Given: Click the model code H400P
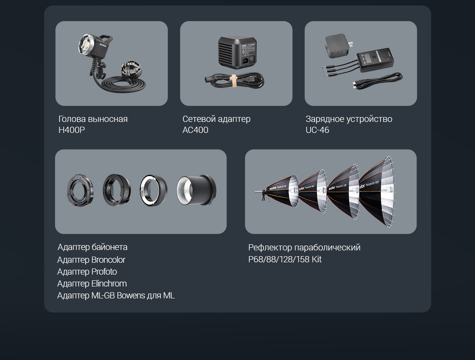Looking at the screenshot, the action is (x=72, y=130).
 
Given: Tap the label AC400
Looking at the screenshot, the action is (x=195, y=130).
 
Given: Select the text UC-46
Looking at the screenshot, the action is (x=317, y=130).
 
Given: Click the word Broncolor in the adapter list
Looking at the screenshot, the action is (x=108, y=260).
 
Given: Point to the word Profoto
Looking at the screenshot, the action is (x=104, y=272).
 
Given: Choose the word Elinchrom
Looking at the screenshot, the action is (x=109, y=283).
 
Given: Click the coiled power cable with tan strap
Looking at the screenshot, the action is (x=234, y=81).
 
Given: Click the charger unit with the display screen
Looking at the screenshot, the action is (x=375, y=59).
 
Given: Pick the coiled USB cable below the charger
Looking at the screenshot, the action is (x=378, y=81).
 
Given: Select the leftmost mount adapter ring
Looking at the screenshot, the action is (x=80, y=190).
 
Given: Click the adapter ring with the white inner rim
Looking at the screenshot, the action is (x=153, y=190).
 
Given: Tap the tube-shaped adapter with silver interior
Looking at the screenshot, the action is (x=196, y=190).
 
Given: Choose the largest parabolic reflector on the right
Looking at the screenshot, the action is (x=377, y=191).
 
